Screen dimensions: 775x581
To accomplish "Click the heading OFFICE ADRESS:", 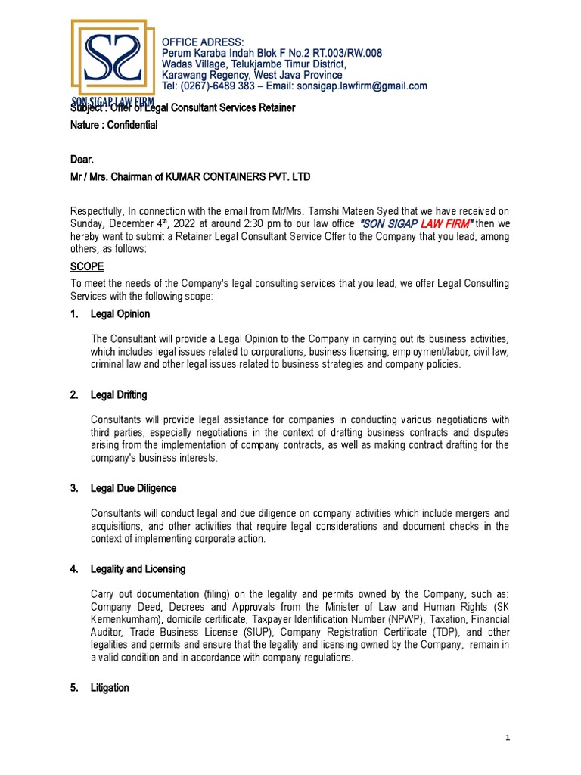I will (204, 41).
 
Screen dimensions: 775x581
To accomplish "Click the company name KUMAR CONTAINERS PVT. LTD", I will (231, 177).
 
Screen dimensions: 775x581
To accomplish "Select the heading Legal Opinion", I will (120, 313).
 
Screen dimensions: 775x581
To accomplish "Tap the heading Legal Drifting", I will (119, 395).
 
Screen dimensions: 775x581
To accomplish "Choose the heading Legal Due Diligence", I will (133, 488).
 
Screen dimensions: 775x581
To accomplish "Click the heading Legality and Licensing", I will (138, 568).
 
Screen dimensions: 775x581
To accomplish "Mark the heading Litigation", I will (110, 688).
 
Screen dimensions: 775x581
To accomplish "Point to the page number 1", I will (508, 738).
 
